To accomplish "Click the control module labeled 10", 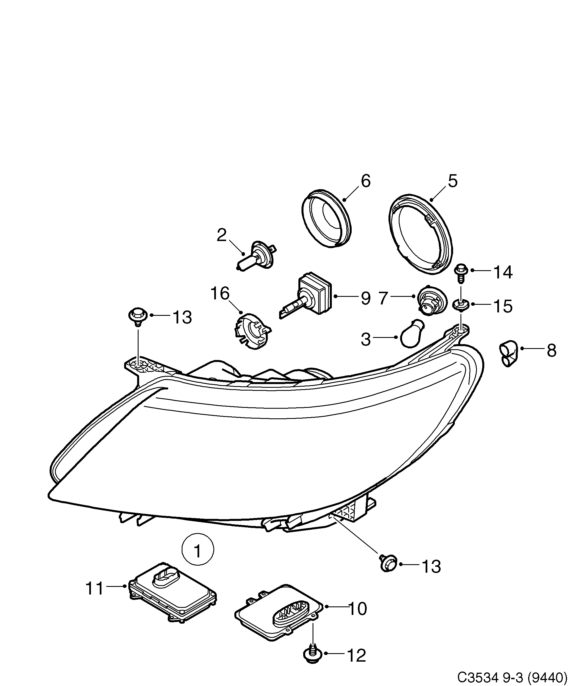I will pos(279,612).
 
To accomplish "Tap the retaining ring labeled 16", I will pos(252,331).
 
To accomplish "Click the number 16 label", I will pos(220,293).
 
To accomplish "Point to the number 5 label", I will pos(452,181).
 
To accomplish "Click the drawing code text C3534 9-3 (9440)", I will pos(511,677).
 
